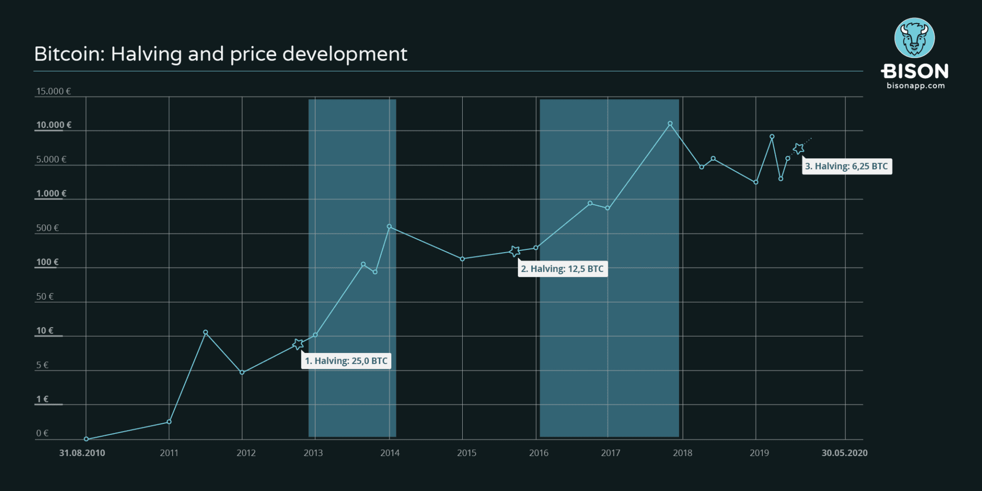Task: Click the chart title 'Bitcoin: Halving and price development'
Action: pyautogui.click(x=221, y=54)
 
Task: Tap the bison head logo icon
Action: pyautogui.click(x=914, y=38)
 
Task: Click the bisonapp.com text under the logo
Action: pyautogui.click(x=915, y=86)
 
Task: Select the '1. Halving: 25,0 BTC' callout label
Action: pyautogui.click(x=346, y=361)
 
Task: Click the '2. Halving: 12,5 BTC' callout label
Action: pyautogui.click(x=562, y=269)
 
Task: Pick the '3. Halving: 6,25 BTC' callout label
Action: pyautogui.click(x=846, y=166)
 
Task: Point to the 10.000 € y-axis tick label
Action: pyautogui.click(x=54, y=125)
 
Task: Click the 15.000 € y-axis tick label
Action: pyautogui.click(x=54, y=91)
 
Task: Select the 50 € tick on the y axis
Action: pyautogui.click(x=45, y=296)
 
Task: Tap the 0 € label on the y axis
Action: pyautogui.click(x=42, y=433)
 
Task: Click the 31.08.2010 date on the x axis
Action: pyautogui.click(x=82, y=453)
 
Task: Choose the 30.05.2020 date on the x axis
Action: pyautogui.click(x=844, y=453)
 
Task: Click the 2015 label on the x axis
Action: pyautogui.click(x=467, y=453)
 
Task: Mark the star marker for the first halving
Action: pyautogui.click(x=298, y=344)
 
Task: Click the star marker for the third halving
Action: pyautogui.click(x=798, y=149)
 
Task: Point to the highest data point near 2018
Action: pyautogui.click(x=670, y=124)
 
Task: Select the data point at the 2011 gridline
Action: pyautogui.click(x=169, y=422)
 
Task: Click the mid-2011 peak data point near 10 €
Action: pyautogui.click(x=206, y=332)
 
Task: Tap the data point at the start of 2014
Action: pyautogui.click(x=389, y=226)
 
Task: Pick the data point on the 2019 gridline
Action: pyautogui.click(x=756, y=182)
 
